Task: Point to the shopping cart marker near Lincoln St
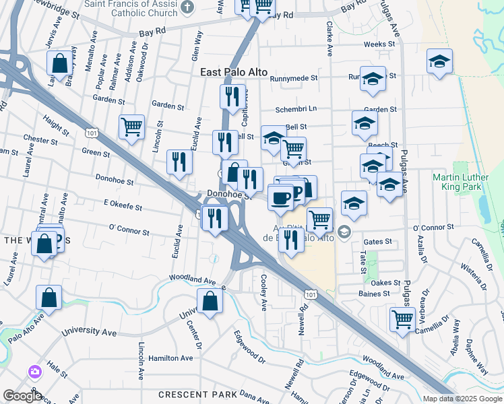click(131, 126)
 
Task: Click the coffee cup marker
click(280, 197)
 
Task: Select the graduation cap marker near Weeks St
click(439, 62)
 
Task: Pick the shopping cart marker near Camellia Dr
click(402, 318)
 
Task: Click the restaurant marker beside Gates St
click(291, 239)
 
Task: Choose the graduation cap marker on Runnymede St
click(372, 79)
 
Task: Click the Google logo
click(22, 396)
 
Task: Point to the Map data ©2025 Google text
click(462, 399)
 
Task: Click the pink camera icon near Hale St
click(34, 371)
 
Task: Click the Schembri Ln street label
click(295, 109)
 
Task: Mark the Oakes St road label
click(386, 283)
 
